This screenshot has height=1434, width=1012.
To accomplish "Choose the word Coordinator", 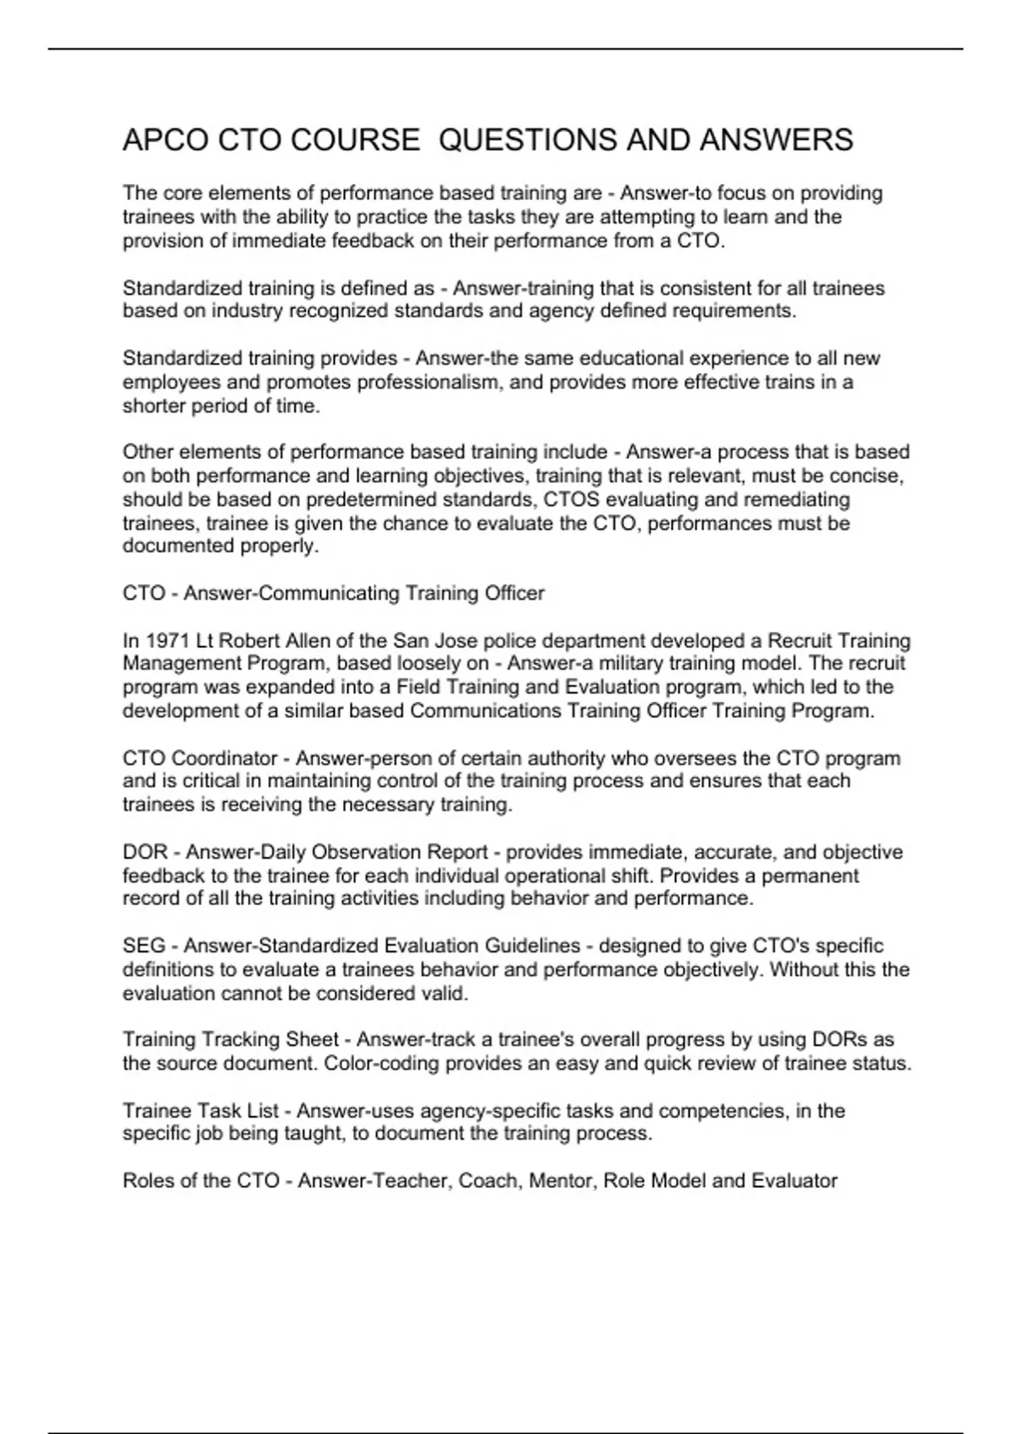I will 224,758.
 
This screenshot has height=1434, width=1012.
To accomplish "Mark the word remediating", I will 796,499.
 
